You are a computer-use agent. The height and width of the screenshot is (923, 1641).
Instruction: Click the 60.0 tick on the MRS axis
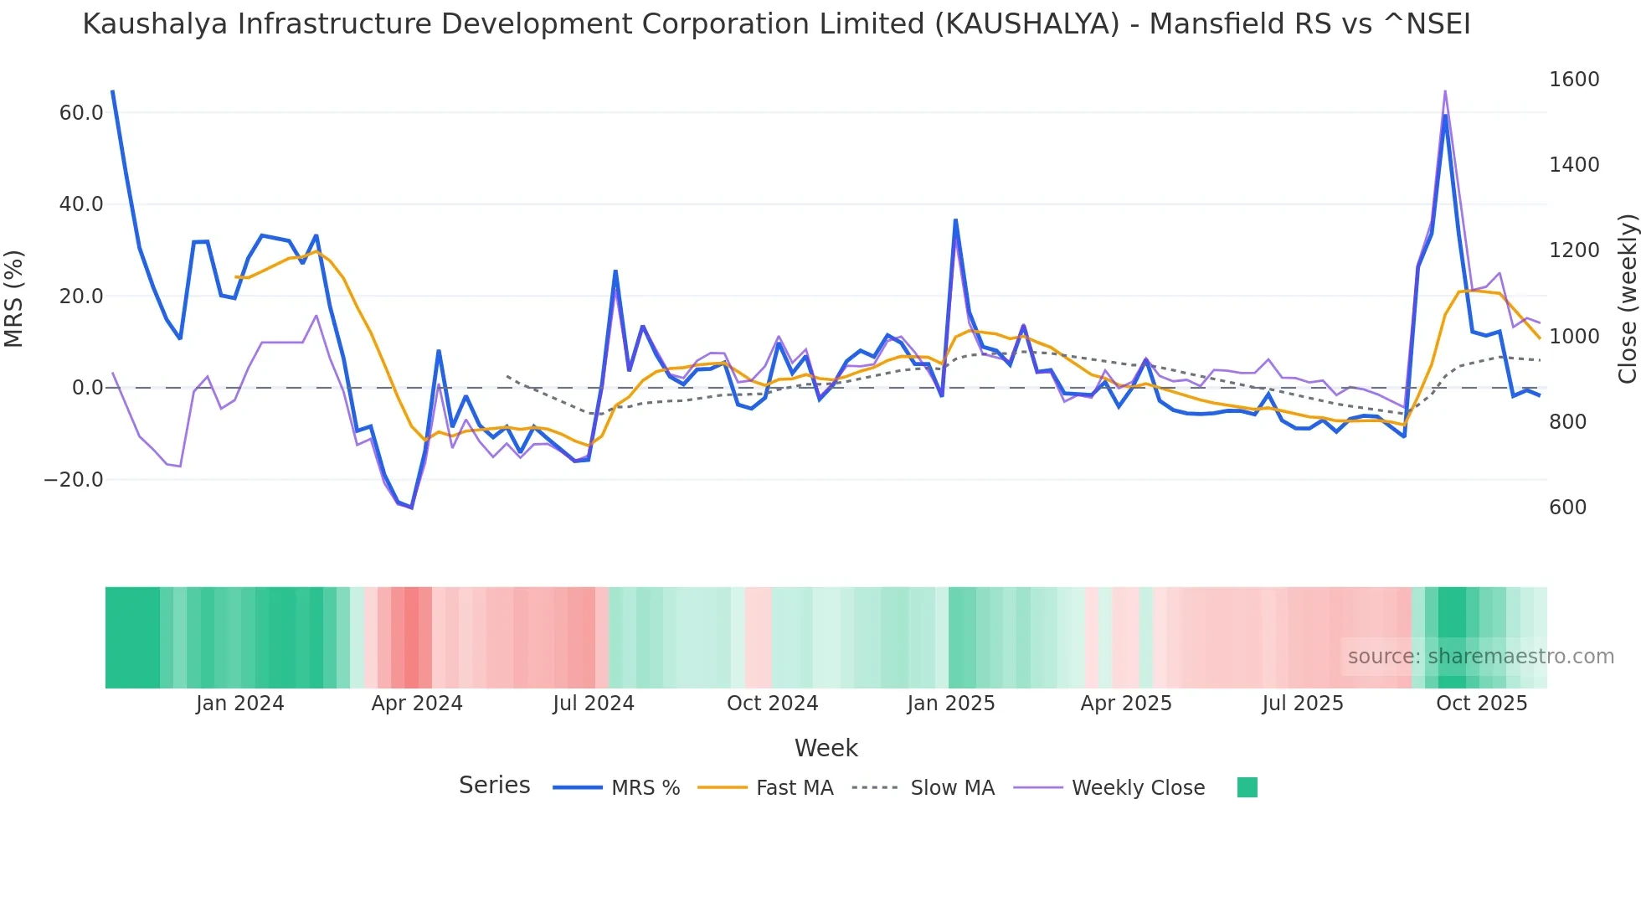pos(80,113)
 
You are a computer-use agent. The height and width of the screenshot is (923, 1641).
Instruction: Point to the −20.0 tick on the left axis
pos(74,480)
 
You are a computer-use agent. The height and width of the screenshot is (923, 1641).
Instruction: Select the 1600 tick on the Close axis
pos(1574,80)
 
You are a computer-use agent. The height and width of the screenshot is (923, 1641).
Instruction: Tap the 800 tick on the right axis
pos(1567,422)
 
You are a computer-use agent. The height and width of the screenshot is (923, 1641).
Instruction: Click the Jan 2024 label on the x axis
pos(239,704)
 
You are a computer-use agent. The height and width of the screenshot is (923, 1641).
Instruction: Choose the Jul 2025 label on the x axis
pos(1302,704)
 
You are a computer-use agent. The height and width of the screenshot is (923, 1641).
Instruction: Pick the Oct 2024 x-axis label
pos(772,704)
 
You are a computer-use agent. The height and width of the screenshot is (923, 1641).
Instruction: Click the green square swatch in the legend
pos(1247,787)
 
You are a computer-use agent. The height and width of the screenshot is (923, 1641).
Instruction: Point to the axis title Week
pos(826,748)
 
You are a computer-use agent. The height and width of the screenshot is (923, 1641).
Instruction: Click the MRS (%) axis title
pos(14,298)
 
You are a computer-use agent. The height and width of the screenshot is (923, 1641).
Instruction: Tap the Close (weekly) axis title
pos(1627,298)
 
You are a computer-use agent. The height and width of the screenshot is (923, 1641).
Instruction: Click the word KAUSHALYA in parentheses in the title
pos(1027,24)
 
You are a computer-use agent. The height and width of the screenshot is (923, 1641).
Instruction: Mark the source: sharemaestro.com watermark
pos(1480,657)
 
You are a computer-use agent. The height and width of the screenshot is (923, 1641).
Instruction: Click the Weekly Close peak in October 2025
pos(1444,91)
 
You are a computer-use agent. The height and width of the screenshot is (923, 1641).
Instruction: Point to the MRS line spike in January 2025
pos(955,220)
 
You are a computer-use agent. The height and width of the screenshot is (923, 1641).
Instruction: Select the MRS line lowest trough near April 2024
pos(411,508)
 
